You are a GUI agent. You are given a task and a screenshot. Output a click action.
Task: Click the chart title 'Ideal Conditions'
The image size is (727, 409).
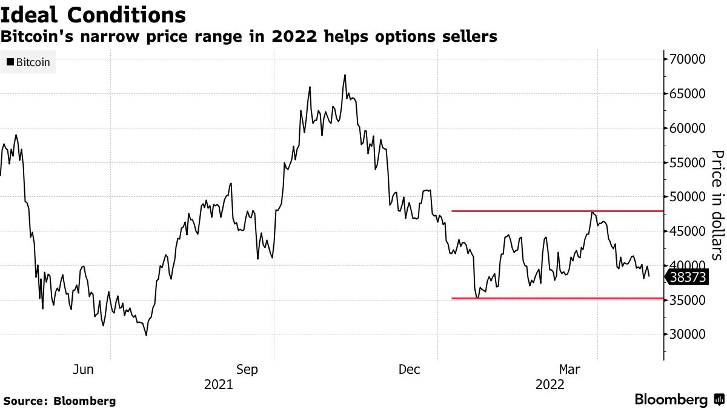(x=93, y=14)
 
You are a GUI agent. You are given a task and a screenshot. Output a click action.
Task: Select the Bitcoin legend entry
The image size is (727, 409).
(x=28, y=62)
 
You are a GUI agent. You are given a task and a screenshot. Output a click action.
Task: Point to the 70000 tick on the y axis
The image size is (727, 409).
(x=688, y=59)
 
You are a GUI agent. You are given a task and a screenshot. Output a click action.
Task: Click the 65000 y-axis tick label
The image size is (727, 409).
(x=688, y=94)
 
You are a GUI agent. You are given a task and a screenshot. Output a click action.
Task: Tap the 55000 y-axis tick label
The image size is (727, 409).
(x=688, y=163)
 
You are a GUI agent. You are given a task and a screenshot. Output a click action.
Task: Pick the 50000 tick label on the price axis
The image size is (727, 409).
(x=688, y=197)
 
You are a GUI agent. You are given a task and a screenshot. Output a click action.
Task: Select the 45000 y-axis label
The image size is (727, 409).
(x=688, y=231)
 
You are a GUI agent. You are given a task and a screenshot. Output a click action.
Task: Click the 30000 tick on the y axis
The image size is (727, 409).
(x=688, y=334)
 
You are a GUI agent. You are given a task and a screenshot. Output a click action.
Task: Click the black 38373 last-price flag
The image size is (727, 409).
(x=687, y=278)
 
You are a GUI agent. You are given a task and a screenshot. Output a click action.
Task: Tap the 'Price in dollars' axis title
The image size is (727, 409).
(x=717, y=204)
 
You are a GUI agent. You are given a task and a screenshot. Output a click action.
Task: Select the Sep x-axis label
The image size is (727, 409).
(x=248, y=369)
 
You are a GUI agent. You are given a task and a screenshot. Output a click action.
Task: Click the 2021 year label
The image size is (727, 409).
(x=218, y=384)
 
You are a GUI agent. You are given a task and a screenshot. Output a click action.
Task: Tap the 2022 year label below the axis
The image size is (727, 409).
(x=550, y=384)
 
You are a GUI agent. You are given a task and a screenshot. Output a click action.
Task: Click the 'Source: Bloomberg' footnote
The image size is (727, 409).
(x=59, y=401)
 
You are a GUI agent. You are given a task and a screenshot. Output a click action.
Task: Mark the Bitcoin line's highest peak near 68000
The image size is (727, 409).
(x=345, y=75)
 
